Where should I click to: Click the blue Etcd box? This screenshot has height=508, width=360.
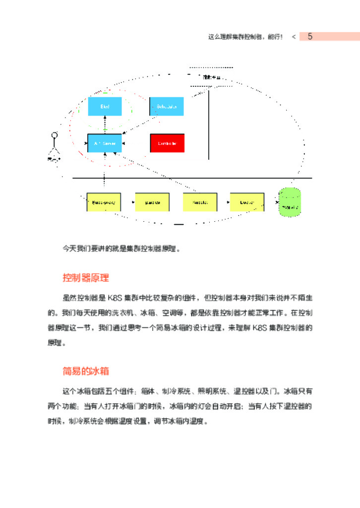[105, 107]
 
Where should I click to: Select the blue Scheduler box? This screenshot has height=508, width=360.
[167, 107]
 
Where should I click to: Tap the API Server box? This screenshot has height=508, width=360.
[105, 143]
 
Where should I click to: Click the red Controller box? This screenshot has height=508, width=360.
[167, 143]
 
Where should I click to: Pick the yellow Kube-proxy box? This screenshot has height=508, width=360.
[104, 202]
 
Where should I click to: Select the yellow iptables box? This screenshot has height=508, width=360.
[152, 202]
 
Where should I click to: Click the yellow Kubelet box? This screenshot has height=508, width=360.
[200, 202]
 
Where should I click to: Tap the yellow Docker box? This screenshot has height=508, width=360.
[246, 202]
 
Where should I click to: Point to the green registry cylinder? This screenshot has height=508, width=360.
[290, 202]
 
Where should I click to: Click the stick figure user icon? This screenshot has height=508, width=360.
[55, 146]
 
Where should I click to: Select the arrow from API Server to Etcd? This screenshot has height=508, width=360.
[105, 125]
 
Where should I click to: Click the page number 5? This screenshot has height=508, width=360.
[310, 37]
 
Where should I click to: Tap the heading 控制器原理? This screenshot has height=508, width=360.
[86, 277]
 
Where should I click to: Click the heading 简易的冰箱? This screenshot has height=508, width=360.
[86, 371]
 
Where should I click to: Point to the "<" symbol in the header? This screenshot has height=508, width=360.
[294, 37]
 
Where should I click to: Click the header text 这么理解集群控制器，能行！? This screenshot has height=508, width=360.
[245, 37]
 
